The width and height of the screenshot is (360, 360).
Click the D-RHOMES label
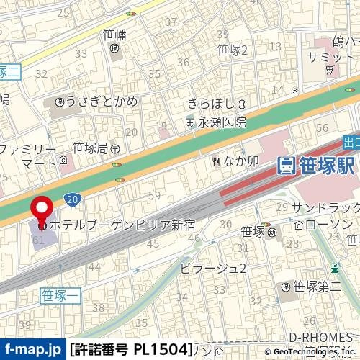tap(320, 337)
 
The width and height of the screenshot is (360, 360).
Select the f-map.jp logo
tap(32, 350)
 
